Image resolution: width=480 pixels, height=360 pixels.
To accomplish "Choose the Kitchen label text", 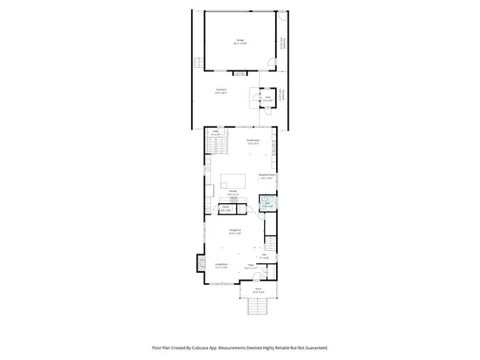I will click(x=234, y=194).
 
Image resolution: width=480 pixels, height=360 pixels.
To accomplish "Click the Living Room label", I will click(x=222, y=265).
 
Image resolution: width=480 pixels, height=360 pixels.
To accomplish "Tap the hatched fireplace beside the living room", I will click(x=198, y=262).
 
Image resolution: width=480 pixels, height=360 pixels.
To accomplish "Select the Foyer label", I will click(x=250, y=265).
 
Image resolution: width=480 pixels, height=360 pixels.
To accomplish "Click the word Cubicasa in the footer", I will click(x=212, y=348).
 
